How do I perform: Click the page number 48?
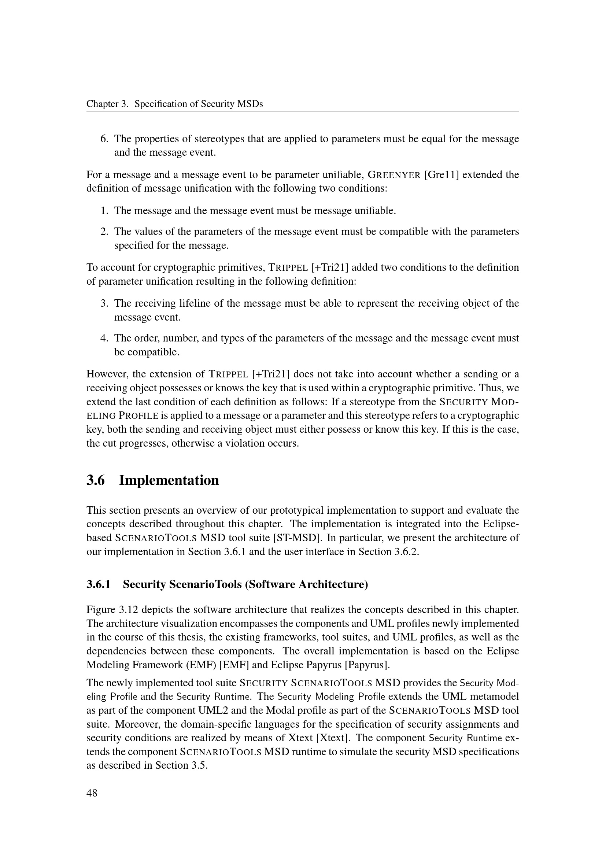pos(92,793)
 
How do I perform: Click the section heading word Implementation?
pos(169,480)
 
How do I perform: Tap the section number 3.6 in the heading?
pos(96,480)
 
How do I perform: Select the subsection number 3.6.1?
pos(99,584)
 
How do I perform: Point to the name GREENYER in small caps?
pos(395,175)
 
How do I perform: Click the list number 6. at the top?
pos(104,139)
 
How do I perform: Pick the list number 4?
pos(104,338)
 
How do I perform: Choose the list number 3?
pos(104,303)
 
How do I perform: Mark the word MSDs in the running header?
pos(251,104)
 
